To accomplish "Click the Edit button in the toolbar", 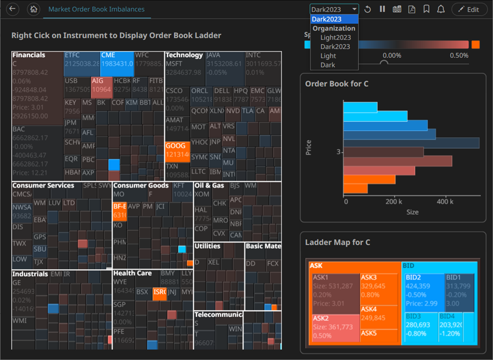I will tap(469, 9).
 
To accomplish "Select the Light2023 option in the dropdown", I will tap(335, 38).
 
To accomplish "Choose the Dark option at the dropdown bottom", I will tap(328, 65).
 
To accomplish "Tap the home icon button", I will tap(34, 9).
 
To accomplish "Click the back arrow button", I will tap(13, 9).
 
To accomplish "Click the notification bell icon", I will tap(441, 9).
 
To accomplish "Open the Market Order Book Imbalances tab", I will tap(96, 9).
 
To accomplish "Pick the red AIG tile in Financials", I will tap(101, 86).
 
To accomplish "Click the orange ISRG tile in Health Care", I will tap(159, 293).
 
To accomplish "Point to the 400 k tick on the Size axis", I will tap(444, 202).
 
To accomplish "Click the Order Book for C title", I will tap(337, 84).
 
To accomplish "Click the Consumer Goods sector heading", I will tap(141, 186).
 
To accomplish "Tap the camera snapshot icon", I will tap(397, 9).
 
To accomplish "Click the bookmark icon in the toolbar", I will tap(426, 9).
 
